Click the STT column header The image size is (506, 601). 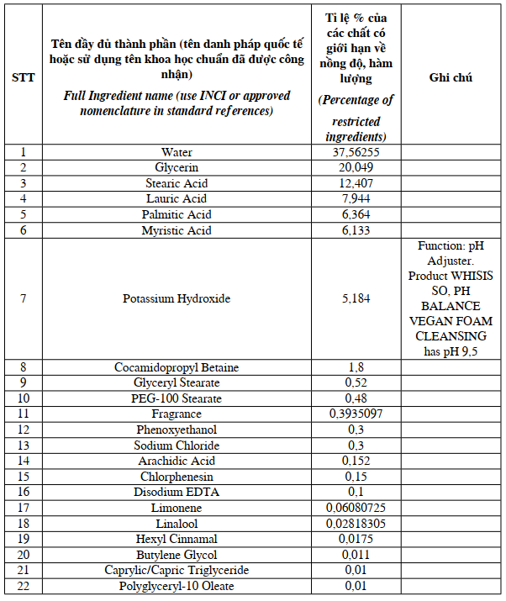(x=24, y=77)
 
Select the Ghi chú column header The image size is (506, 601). (x=451, y=77)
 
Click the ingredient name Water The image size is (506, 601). (x=177, y=152)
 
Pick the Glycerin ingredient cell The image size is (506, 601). (x=177, y=167)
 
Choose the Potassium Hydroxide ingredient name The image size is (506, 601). (x=177, y=298)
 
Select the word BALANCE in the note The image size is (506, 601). (x=451, y=306)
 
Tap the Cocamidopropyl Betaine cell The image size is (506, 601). (x=177, y=367)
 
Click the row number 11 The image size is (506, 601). (x=24, y=414)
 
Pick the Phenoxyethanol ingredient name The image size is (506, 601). (x=177, y=430)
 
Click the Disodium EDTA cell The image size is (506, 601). (x=177, y=492)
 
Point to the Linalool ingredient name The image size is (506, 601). (x=177, y=524)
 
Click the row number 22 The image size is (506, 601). (x=24, y=586)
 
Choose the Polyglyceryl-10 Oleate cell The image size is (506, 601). (x=177, y=586)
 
